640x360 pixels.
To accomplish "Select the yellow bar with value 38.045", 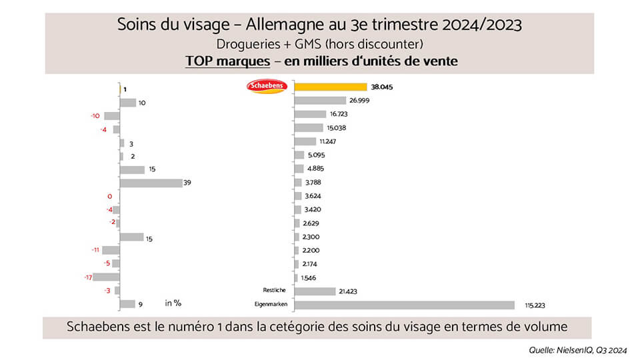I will pos(331,87).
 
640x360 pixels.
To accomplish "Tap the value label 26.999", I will pos(359,101).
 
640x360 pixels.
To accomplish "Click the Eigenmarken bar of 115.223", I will pos(404,305).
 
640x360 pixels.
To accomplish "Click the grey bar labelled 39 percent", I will pos(151,183).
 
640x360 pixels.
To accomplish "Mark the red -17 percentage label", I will pos(87,277).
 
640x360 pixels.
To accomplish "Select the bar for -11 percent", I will pos(111,250).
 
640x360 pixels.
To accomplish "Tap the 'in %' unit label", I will pos(173,303).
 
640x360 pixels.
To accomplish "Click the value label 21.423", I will pos(349,291).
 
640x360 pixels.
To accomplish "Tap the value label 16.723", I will pos(339,114).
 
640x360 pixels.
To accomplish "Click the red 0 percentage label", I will pos(109,196).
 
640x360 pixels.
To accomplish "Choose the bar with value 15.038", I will pos(309,128).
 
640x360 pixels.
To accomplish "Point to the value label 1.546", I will pos(308,277).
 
